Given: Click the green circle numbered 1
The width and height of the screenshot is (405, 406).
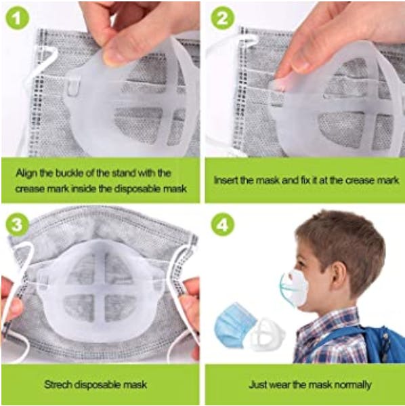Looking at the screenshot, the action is (16, 18).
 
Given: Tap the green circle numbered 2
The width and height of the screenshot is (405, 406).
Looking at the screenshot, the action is (223, 18).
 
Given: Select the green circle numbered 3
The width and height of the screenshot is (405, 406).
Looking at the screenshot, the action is (16, 224).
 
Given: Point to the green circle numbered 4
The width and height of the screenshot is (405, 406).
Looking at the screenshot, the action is (223, 224).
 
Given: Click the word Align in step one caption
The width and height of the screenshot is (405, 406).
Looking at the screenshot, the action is (26, 174).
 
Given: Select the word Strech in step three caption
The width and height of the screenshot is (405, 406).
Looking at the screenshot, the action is (58, 384).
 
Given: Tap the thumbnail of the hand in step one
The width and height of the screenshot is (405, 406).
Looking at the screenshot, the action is (114, 56).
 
